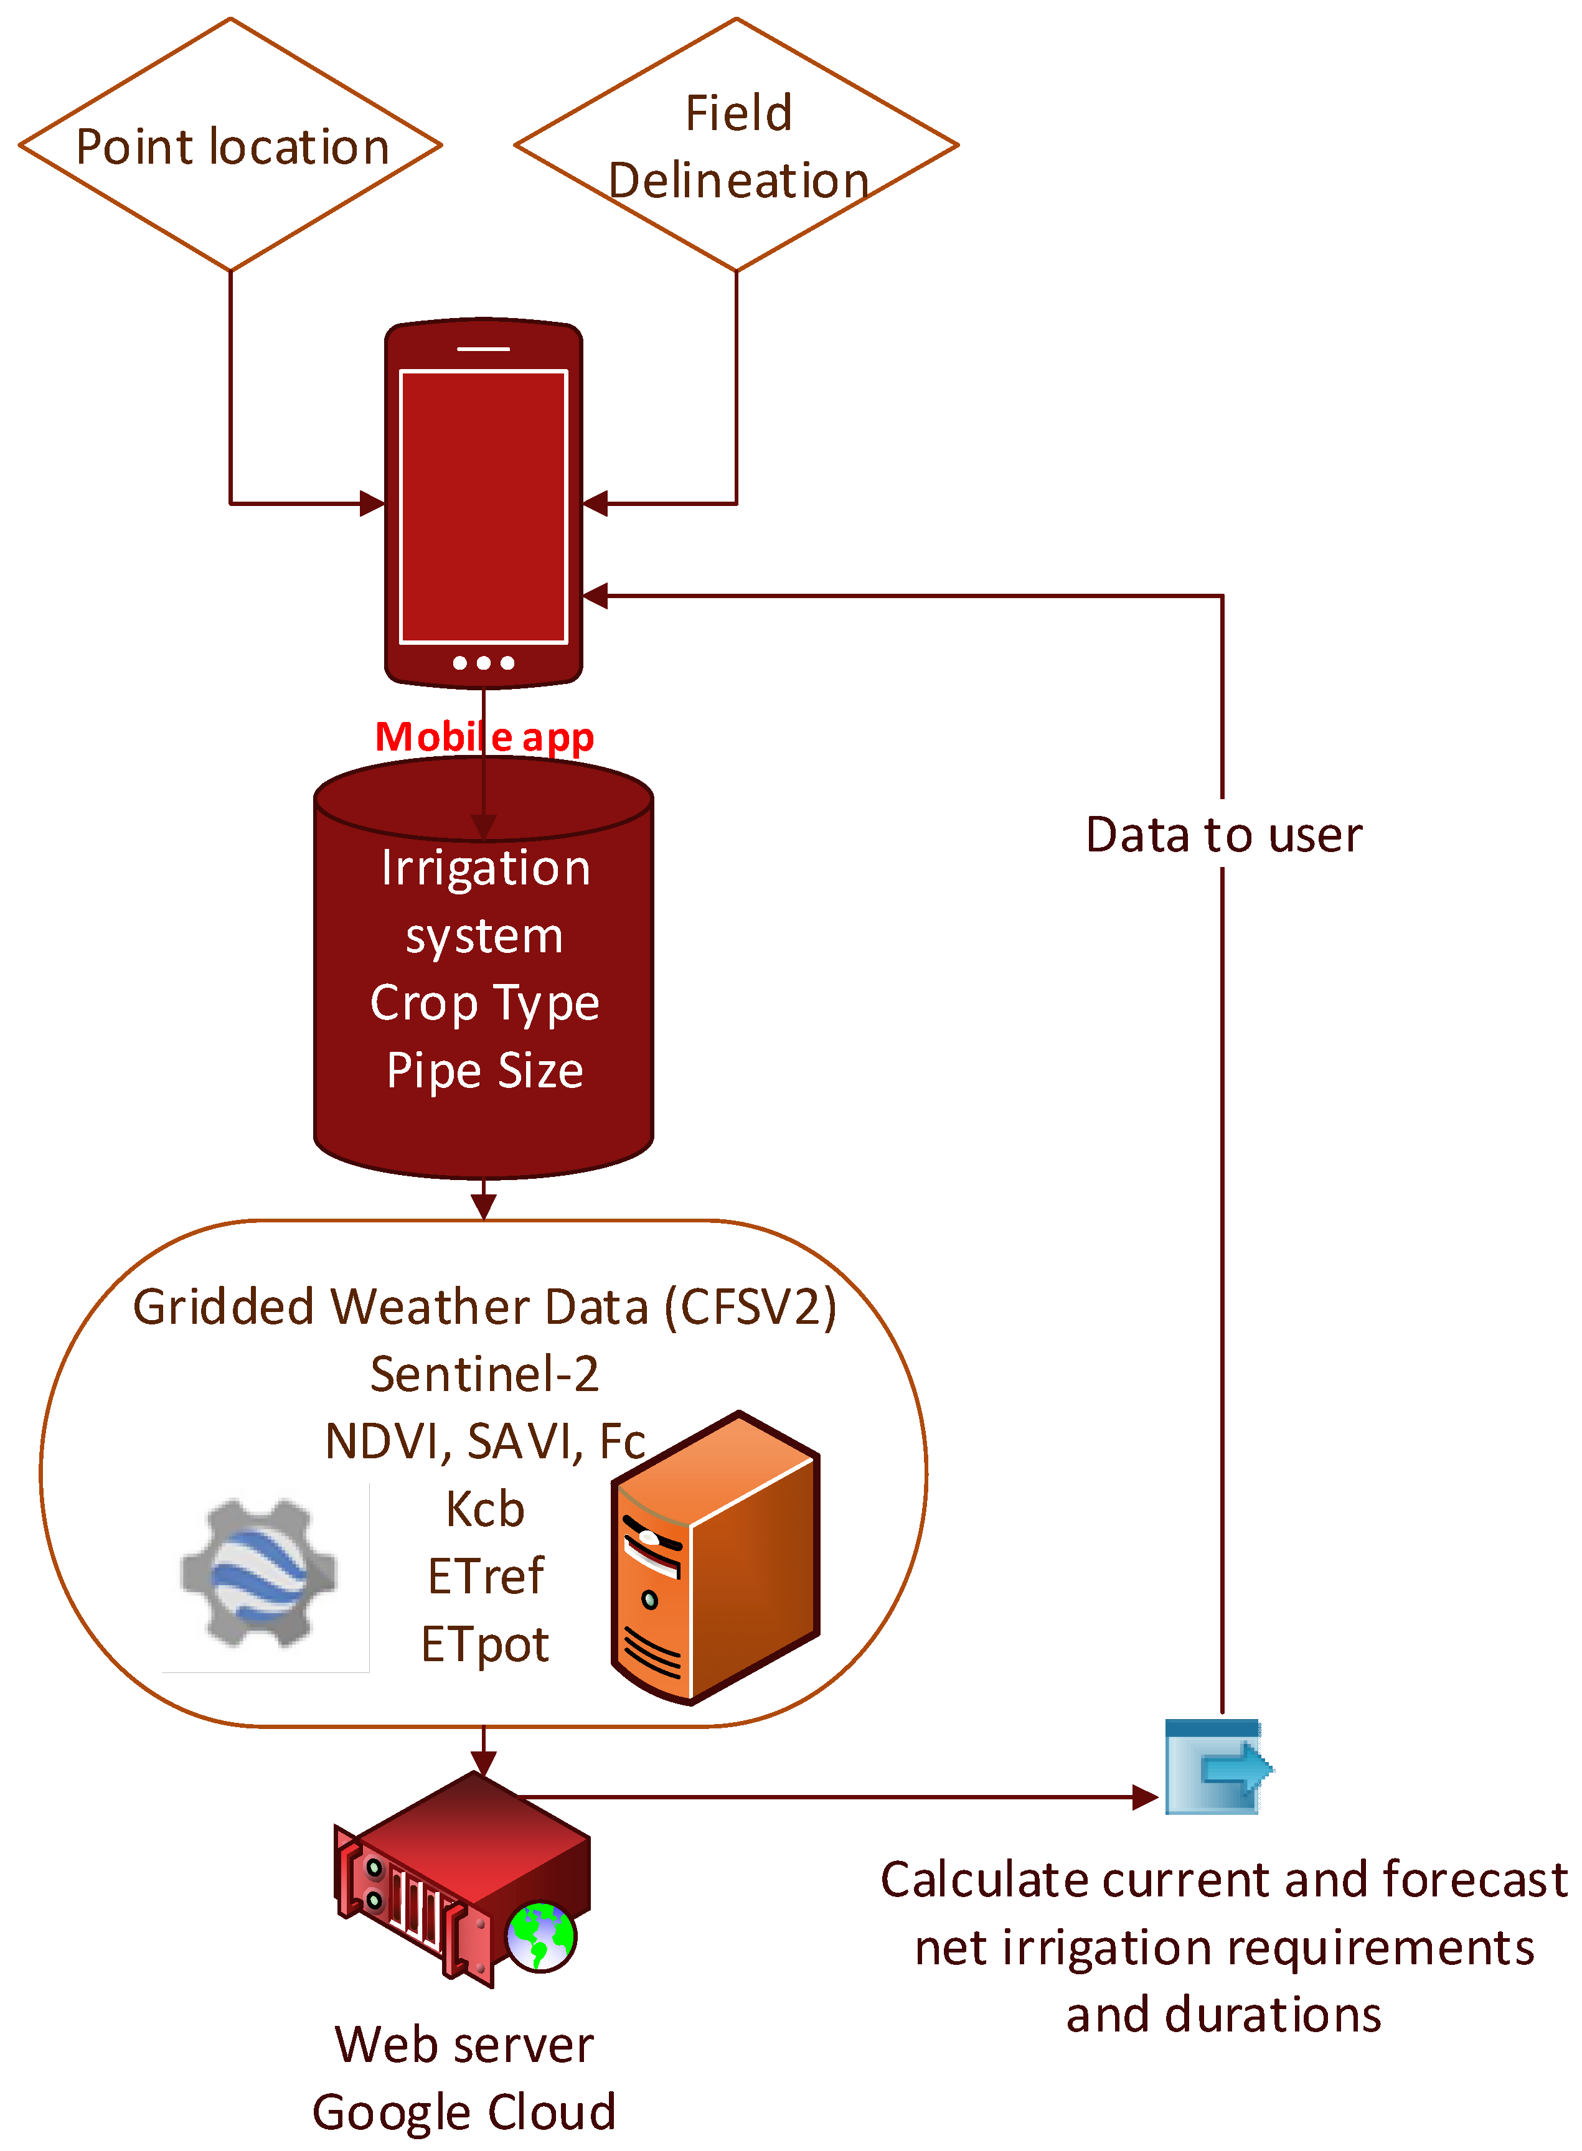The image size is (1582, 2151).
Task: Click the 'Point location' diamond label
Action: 232,146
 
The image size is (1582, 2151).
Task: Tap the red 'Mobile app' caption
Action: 484,736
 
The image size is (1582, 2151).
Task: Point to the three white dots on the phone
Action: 484,662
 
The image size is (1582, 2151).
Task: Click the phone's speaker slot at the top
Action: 484,349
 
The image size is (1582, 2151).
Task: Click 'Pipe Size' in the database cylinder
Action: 484,1071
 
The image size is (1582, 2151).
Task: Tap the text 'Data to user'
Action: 1223,835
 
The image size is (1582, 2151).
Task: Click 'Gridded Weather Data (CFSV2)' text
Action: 484,1306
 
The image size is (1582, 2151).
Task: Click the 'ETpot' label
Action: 484,1644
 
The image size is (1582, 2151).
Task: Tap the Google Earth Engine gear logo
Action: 258,1573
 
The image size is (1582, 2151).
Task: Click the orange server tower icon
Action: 717,1558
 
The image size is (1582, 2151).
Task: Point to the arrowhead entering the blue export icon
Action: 1146,1797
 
